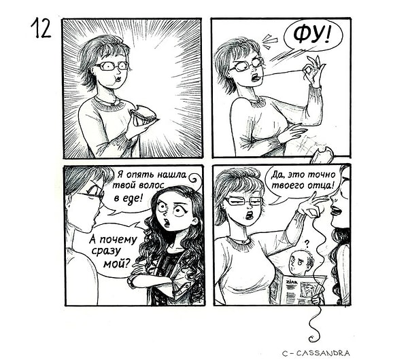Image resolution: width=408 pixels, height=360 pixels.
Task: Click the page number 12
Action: pos(41,28)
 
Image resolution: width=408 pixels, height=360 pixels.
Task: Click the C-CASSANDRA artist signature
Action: pos(316,353)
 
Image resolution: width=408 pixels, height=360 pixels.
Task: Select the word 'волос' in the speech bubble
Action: pos(151,185)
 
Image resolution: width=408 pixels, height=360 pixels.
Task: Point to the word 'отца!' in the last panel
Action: pos(321,185)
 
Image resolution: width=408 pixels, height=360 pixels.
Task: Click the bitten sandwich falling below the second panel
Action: pos(321,156)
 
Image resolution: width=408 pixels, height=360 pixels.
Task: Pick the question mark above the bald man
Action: pos(307,244)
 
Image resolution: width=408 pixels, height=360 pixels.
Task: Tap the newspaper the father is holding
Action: pos(302,290)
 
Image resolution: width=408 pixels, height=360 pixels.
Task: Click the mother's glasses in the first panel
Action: pos(112,66)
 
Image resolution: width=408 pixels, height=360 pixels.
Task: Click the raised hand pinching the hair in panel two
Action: pos(313,70)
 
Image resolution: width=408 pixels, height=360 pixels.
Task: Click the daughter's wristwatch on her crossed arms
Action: pos(132,281)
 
